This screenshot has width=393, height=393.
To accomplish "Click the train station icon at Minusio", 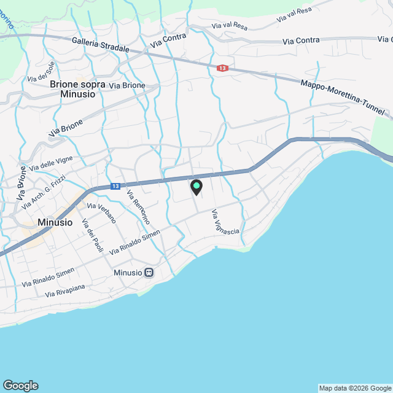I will click(149, 272).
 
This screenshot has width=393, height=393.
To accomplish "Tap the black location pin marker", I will click(196, 187).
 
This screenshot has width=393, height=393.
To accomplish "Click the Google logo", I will click(20, 386).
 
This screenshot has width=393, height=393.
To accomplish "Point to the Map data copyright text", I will click(355, 388).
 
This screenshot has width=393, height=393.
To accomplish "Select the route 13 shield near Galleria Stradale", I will click(222, 68).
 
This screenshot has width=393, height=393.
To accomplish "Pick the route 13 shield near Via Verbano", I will click(115, 186).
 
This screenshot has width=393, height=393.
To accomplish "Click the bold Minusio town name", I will click(55, 222).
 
